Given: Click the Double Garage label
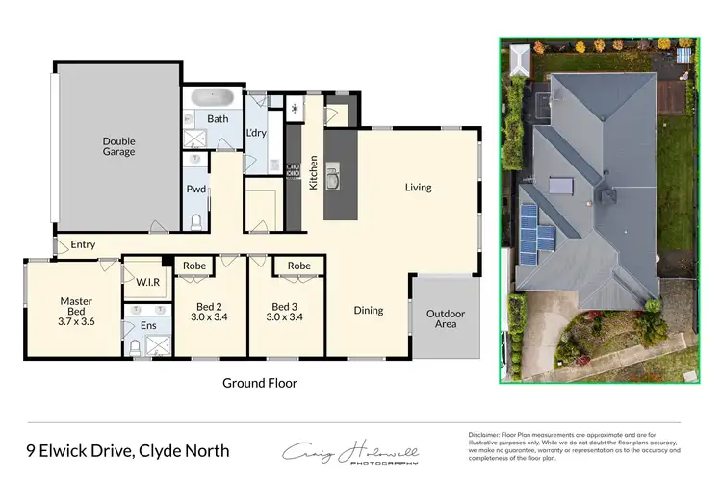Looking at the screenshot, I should (119, 146).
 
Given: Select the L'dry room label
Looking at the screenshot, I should (256, 134).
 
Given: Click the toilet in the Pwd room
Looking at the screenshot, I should (195, 220).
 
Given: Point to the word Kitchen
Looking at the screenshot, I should (313, 172).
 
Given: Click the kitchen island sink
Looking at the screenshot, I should (333, 179).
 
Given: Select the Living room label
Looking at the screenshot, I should (418, 188).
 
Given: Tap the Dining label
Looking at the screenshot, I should (368, 310).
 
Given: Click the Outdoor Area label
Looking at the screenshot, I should (446, 319).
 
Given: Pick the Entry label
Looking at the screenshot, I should (83, 245).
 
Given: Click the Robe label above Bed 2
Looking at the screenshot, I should (194, 266).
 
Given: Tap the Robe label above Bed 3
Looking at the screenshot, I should (298, 266).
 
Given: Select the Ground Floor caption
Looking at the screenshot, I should (260, 383).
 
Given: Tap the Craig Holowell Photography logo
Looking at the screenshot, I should (348, 452).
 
